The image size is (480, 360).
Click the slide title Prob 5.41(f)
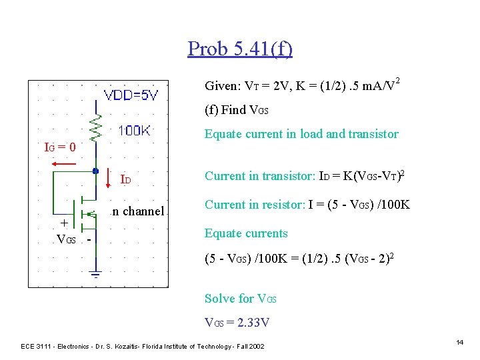pyautogui.click(x=240, y=49)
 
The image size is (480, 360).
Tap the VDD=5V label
pyautogui.click(x=131, y=95)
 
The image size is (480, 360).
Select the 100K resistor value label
pyautogui.click(x=133, y=131)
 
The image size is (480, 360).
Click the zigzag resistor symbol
pyautogui.click(x=96, y=126)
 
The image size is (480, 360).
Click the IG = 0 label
pyautogui.click(x=59, y=146)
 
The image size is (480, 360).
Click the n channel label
pyautogui.click(x=138, y=211)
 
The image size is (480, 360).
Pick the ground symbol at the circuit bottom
pyautogui.click(x=96, y=273)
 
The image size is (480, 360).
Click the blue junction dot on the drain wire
pyautogui.click(x=96, y=171)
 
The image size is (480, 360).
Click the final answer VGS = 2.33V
pyautogui.click(x=237, y=323)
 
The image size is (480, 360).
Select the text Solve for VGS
pyautogui.click(x=240, y=298)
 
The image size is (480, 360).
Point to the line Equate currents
pyautogui.click(x=246, y=233)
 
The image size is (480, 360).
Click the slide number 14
pyautogui.click(x=459, y=342)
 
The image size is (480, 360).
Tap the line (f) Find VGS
pyautogui.click(x=236, y=109)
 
